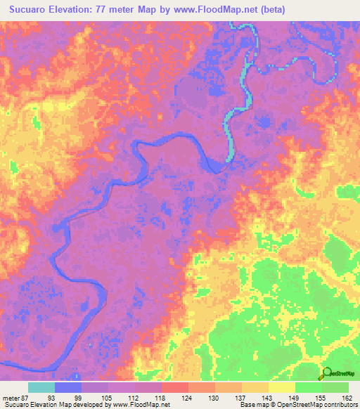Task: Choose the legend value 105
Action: click(108, 397)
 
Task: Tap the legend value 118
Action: click(162, 397)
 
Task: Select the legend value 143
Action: click(269, 397)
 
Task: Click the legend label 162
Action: click(348, 397)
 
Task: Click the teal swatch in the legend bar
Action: click(41, 387)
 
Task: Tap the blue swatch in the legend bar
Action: click(68, 387)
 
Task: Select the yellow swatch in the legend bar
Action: click(281, 387)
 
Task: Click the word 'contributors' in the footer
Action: click(338, 405)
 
